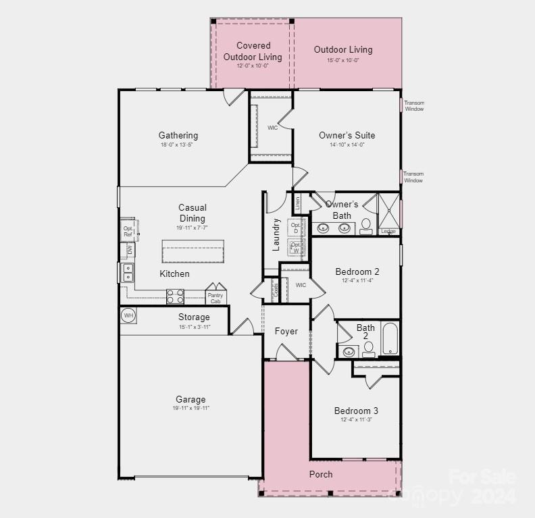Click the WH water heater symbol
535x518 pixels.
(128, 315)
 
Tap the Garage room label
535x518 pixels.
(190, 399)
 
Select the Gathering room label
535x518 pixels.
(178, 135)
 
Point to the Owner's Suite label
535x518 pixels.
(347, 135)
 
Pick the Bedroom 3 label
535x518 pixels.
(356, 411)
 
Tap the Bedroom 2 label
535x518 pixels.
(357, 271)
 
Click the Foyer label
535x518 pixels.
(286, 331)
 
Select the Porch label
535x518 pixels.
(321, 474)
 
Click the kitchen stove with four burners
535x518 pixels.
(175, 296)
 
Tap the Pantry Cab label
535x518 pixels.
(215, 298)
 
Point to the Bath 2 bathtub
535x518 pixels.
(390, 338)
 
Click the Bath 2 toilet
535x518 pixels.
(369, 349)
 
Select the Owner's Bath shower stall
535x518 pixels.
(388, 211)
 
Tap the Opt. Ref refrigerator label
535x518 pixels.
(128, 232)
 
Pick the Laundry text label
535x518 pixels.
(276, 234)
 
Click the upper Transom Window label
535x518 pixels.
(414, 106)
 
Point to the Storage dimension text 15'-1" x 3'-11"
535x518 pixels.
(194, 328)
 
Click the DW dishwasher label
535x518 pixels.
(129, 251)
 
